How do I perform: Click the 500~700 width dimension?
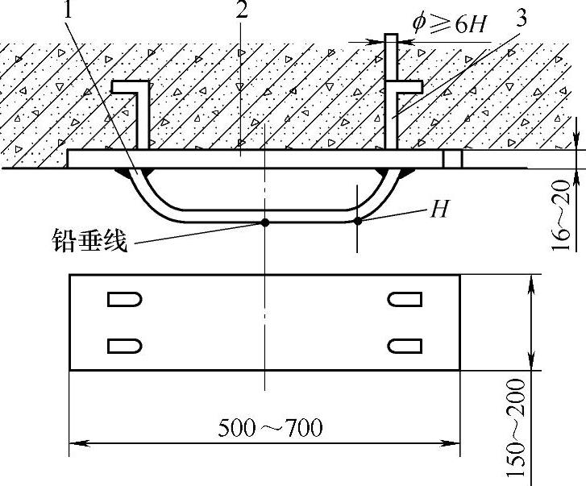(269, 427)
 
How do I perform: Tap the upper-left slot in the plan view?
(125, 300)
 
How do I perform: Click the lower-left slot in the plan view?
(125, 345)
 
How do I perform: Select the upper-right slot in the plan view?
(404, 300)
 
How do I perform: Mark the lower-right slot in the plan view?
(404, 345)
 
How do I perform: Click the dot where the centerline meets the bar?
(264, 220)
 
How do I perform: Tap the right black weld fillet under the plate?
(407, 173)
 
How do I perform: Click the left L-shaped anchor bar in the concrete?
(141, 113)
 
